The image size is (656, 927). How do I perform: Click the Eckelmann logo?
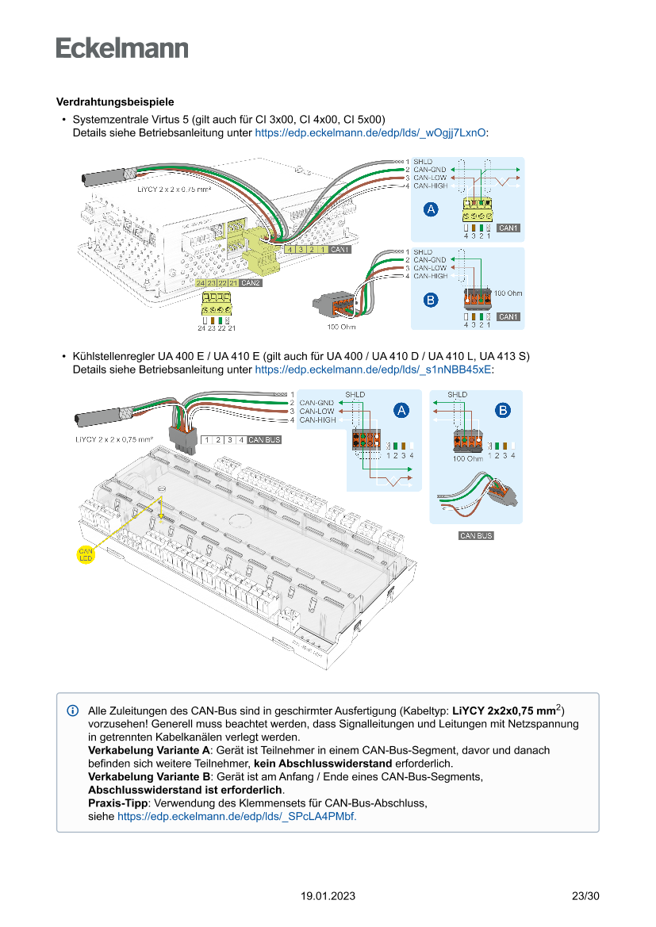122,48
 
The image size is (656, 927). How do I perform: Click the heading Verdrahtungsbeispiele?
115,102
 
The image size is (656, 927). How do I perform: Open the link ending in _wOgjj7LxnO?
370,133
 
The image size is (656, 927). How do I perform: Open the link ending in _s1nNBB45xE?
373,369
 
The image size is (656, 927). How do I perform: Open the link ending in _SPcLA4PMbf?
236,815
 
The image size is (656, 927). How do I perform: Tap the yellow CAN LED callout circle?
86,554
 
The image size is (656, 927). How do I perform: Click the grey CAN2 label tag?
251,283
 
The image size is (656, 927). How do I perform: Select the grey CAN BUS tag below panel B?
476,536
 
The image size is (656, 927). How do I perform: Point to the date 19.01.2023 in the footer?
328,896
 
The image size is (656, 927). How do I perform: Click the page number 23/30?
585,896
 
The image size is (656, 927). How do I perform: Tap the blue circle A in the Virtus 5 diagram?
431,209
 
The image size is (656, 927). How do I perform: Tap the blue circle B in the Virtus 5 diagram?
431,300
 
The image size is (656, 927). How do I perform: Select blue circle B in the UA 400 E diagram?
503,410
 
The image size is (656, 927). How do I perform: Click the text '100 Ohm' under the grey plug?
341,327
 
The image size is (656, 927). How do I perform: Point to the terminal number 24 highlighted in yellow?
201,283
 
